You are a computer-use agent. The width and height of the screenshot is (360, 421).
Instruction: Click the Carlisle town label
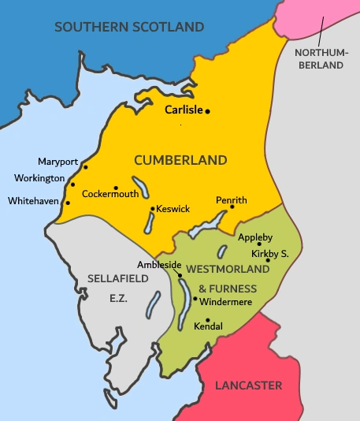[183, 111]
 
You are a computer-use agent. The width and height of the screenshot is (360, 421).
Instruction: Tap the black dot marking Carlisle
[208, 112]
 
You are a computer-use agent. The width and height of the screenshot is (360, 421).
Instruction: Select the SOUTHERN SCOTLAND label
[129, 28]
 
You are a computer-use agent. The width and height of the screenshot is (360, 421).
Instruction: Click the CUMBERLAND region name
[180, 160]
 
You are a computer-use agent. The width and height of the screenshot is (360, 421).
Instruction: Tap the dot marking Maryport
[86, 167]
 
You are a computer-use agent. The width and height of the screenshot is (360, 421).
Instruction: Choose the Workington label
[39, 178]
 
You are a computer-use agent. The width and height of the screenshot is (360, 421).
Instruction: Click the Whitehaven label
[34, 201]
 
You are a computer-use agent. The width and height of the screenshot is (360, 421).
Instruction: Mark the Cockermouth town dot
[116, 188]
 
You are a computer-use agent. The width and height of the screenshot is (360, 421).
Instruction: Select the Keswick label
[173, 209]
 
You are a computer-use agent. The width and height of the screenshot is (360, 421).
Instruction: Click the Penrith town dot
[232, 207]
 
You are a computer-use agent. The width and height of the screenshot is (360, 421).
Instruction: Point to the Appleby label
[255, 236]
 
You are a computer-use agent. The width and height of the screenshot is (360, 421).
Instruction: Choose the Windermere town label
[226, 301]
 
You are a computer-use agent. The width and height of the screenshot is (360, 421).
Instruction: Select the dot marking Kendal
[208, 319]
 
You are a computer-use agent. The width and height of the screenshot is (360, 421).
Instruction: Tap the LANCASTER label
[248, 386]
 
